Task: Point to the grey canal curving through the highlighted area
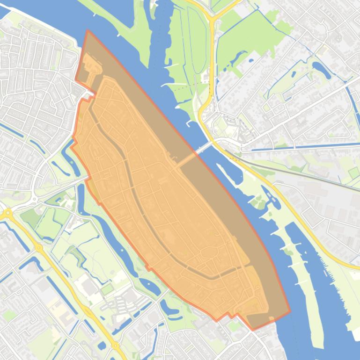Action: (136, 196)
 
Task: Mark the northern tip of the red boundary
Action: (88, 31)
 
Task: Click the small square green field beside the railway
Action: (354, 173)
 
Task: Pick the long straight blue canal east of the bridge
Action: (300, 148)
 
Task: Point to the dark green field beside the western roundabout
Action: (31, 216)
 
